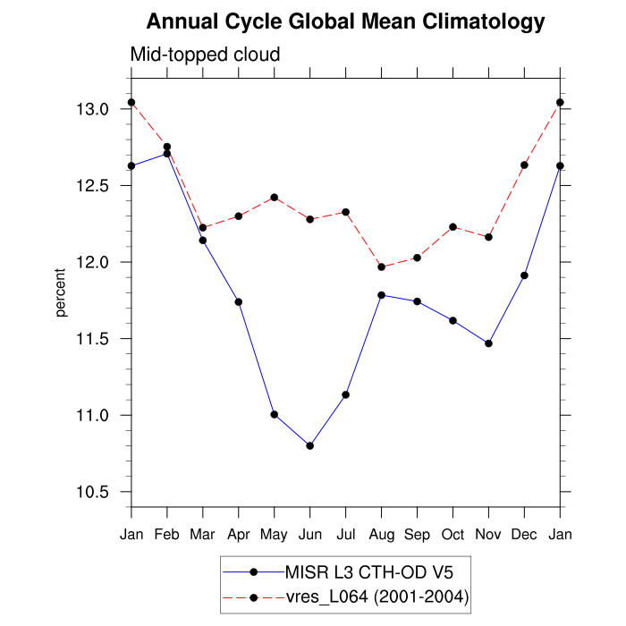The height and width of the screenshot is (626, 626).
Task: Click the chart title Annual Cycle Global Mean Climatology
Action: click(x=345, y=21)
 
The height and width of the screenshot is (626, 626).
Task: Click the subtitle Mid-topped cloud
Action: click(x=206, y=55)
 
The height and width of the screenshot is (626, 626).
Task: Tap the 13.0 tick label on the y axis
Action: click(x=93, y=109)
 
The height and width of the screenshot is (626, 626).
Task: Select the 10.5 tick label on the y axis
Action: click(x=93, y=492)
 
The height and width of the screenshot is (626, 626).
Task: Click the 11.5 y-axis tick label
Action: click(x=93, y=339)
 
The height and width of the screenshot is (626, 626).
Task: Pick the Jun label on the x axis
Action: click(x=309, y=535)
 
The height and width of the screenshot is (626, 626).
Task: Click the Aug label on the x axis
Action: click(x=382, y=535)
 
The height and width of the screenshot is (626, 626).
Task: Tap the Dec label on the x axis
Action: click(x=524, y=535)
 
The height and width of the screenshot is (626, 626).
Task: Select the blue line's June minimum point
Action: click(x=309, y=445)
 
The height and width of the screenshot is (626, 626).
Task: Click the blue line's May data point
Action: click(x=275, y=414)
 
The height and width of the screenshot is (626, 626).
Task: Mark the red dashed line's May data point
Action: click(x=275, y=197)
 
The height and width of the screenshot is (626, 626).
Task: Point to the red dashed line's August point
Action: click(x=382, y=267)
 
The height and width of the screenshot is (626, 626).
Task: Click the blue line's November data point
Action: click(x=488, y=343)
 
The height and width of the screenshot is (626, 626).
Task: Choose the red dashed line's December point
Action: click(x=524, y=165)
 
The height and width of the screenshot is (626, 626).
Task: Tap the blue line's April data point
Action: click(x=239, y=301)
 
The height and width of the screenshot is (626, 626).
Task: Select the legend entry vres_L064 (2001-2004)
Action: click(x=376, y=596)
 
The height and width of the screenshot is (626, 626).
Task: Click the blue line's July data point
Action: click(x=345, y=394)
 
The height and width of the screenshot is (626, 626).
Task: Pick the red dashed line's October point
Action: click(x=453, y=226)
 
